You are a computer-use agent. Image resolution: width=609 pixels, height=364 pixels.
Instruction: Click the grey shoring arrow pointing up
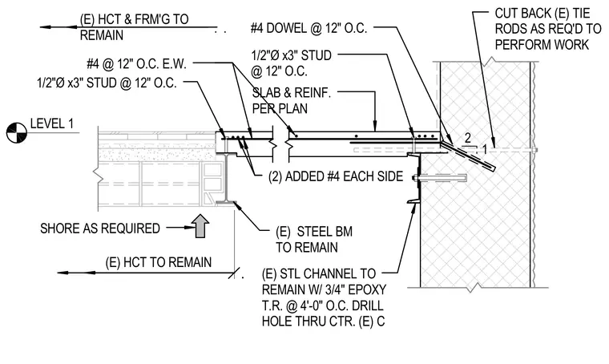click(200, 226)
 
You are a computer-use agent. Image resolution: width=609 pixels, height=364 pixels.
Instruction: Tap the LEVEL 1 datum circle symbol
click(16, 132)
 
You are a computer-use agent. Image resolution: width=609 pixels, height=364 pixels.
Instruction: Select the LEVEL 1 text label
click(51, 124)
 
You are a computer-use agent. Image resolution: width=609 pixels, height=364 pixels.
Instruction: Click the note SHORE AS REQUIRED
click(100, 229)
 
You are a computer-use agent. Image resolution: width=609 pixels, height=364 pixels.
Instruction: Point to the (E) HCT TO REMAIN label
click(159, 262)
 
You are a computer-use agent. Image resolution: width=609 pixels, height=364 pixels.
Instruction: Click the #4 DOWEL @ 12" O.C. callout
click(309, 28)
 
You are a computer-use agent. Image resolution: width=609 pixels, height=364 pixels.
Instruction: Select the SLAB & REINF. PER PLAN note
click(292, 100)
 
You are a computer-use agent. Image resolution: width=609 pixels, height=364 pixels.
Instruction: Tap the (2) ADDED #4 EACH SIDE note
click(336, 176)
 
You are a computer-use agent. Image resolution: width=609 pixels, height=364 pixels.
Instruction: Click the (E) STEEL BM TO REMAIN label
click(314, 239)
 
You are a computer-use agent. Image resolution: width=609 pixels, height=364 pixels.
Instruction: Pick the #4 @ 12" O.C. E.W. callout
click(137, 64)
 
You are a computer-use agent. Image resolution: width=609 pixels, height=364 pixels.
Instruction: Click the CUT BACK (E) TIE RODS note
click(547, 29)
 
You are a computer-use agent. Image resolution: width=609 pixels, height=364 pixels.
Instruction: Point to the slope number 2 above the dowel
click(468, 138)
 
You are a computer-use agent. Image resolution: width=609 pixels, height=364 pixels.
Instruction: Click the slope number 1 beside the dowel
click(484, 149)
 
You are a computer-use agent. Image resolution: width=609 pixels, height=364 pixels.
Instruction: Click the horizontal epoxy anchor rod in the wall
click(441, 178)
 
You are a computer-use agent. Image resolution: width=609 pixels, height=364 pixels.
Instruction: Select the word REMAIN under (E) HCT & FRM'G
click(102, 35)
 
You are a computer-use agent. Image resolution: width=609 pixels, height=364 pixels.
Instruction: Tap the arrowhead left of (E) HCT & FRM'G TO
click(46, 27)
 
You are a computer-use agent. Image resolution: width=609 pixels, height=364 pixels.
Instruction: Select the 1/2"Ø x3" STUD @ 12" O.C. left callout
click(107, 83)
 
